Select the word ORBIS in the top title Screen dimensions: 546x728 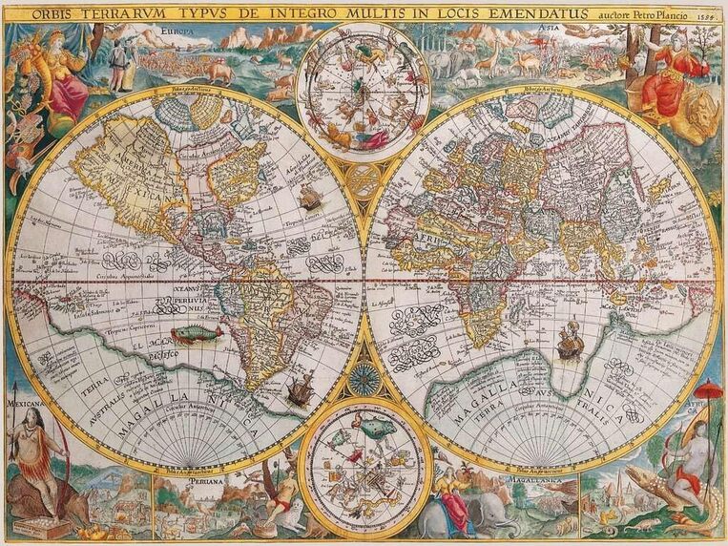tap(55, 13)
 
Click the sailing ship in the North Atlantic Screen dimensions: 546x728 tap(310, 198)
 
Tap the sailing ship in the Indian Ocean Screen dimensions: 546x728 tap(570, 342)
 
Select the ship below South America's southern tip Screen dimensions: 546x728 tap(299, 388)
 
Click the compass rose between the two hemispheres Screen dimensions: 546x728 tap(364, 380)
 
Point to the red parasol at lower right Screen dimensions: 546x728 tap(709, 389)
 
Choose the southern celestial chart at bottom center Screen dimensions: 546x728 tap(364, 469)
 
